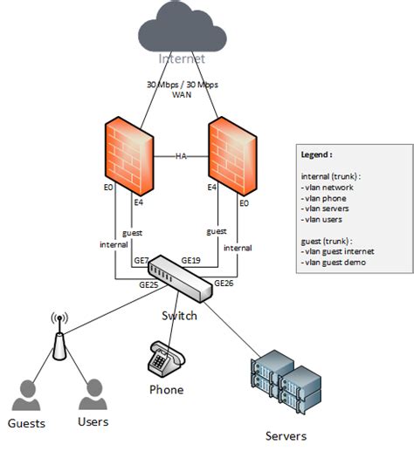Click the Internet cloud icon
pyautogui.click(x=181, y=31)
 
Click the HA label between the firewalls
pyautogui.click(x=182, y=156)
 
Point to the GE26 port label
pyautogui.click(x=223, y=283)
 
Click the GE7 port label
pyautogui.click(x=141, y=260)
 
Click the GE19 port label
pyautogui.click(x=191, y=260)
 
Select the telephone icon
pyautogui.click(x=165, y=359)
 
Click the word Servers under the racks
pyautogui.click(x=286, y=435)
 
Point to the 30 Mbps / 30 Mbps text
pyautogui.click(x=182, y=85)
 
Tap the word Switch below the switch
pyautogui.click(x=181, y=315)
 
